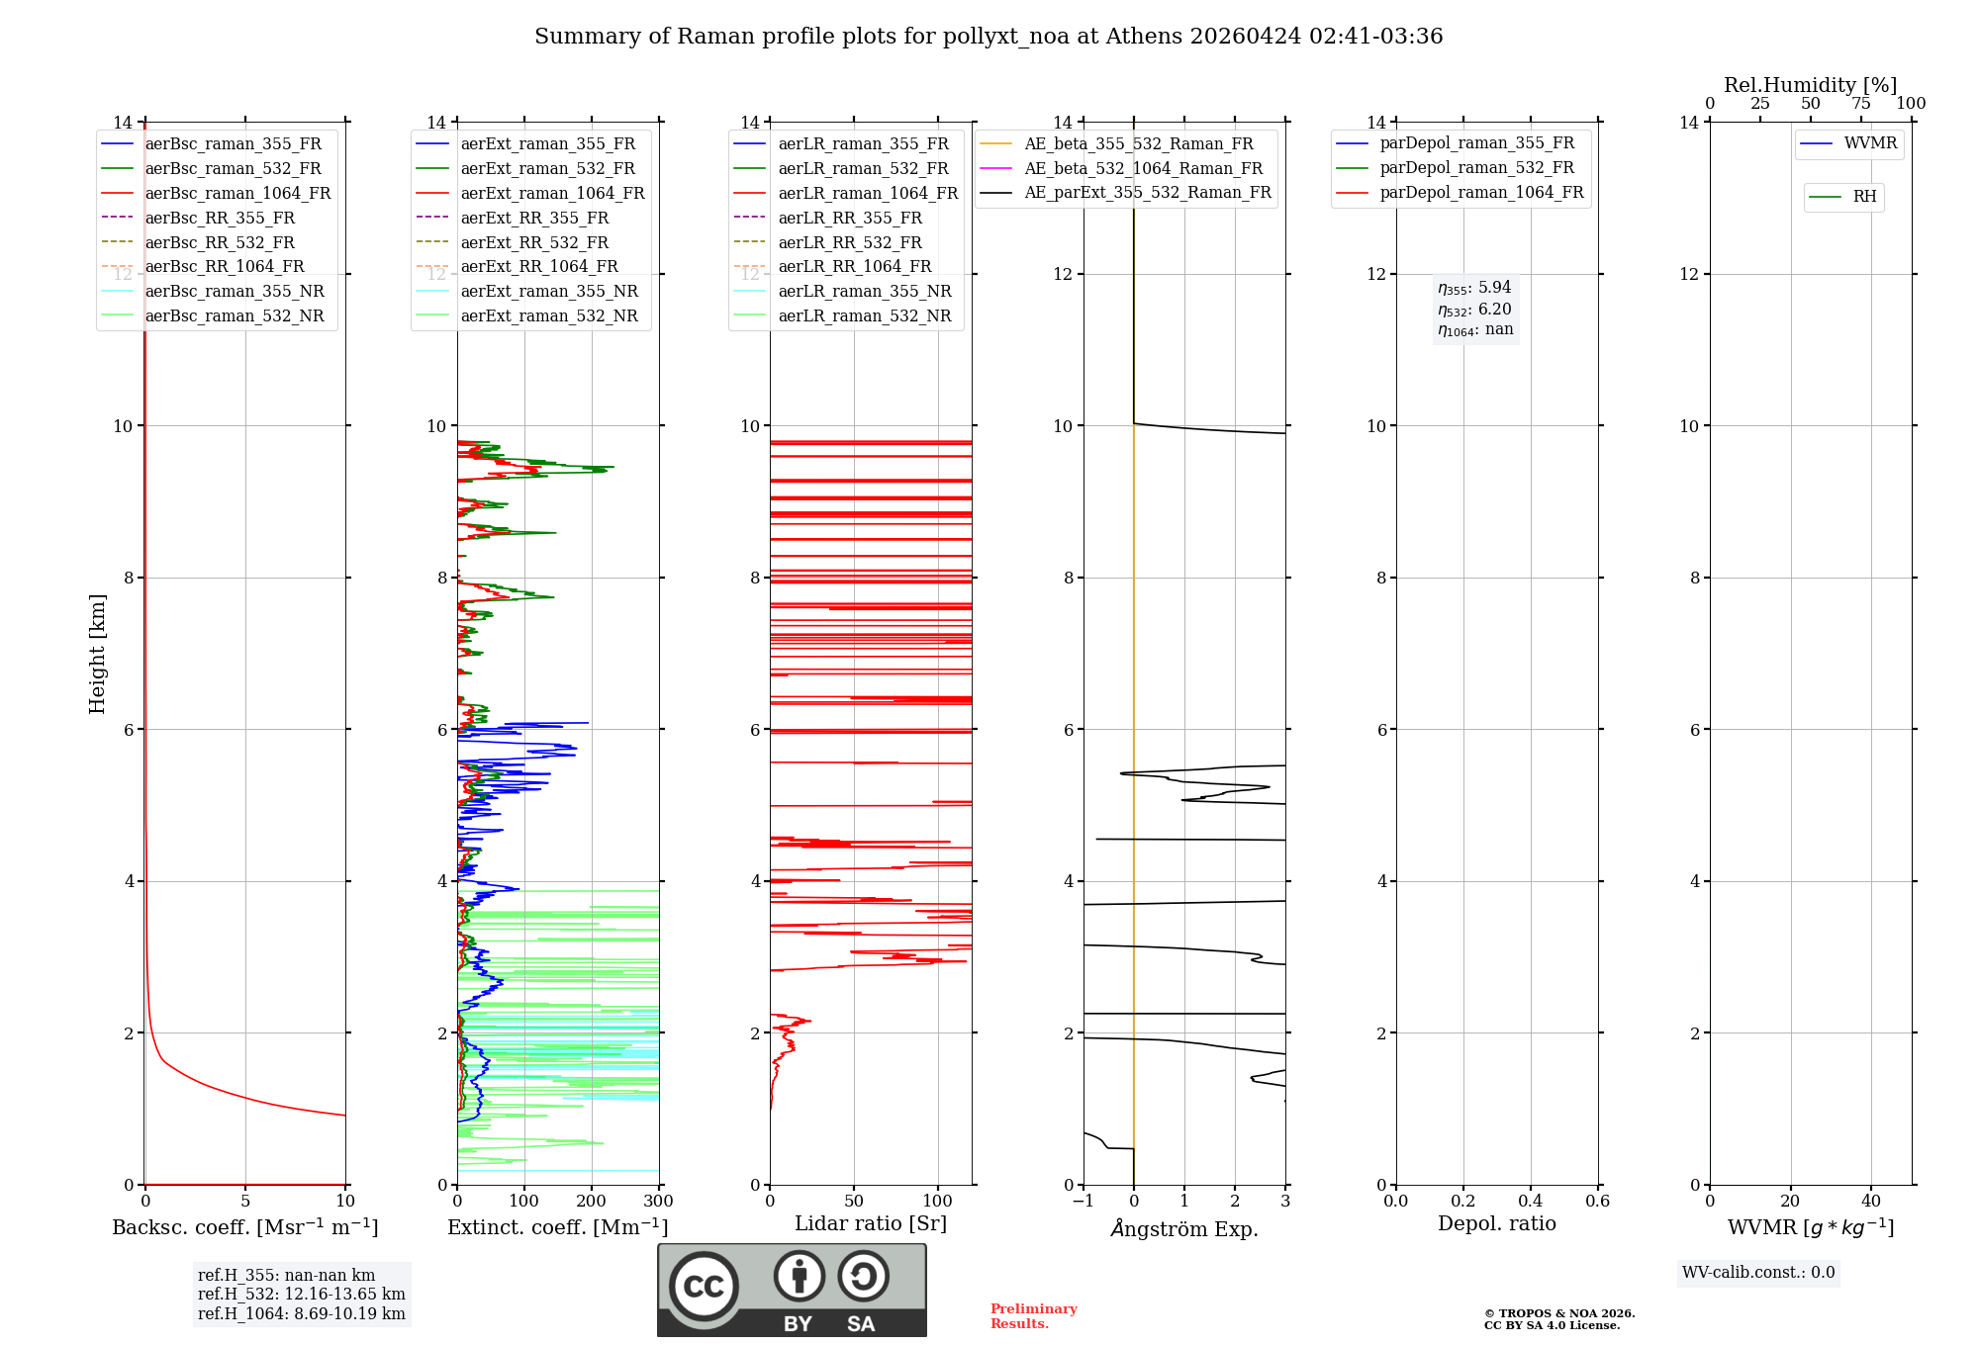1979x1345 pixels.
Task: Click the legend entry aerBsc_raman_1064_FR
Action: [x=237, y=194]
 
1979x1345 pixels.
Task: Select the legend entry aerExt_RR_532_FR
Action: [x=534, y=242]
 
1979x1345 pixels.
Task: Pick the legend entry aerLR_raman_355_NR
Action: [x=864, y=292]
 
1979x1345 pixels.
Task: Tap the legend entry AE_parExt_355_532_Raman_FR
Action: [x=1147, y=193]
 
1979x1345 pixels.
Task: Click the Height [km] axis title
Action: [x=97, y=654]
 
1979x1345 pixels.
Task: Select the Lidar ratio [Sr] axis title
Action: [x=870, y=1224]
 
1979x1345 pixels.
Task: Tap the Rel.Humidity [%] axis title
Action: [x=1810, y=85]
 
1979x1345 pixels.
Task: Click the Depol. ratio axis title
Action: [x=1496, y=1224]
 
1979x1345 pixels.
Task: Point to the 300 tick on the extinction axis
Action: [x=658, y=1202]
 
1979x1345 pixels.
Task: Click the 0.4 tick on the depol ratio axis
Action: [x=1530, y=1202]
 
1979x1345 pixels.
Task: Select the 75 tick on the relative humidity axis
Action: [x=1860, y=104]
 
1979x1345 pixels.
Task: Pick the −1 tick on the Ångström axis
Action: [x=1083, y=1202]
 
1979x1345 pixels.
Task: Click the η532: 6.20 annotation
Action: [x=1474, y=310]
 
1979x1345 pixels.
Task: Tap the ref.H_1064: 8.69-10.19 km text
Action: [x=301, y=1314]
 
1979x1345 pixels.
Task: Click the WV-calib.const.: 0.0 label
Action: [x=1758, y=1273]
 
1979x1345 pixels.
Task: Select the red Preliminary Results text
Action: [x=1033, y=1316]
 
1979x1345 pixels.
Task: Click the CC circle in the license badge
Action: [x=704, y=1287]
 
